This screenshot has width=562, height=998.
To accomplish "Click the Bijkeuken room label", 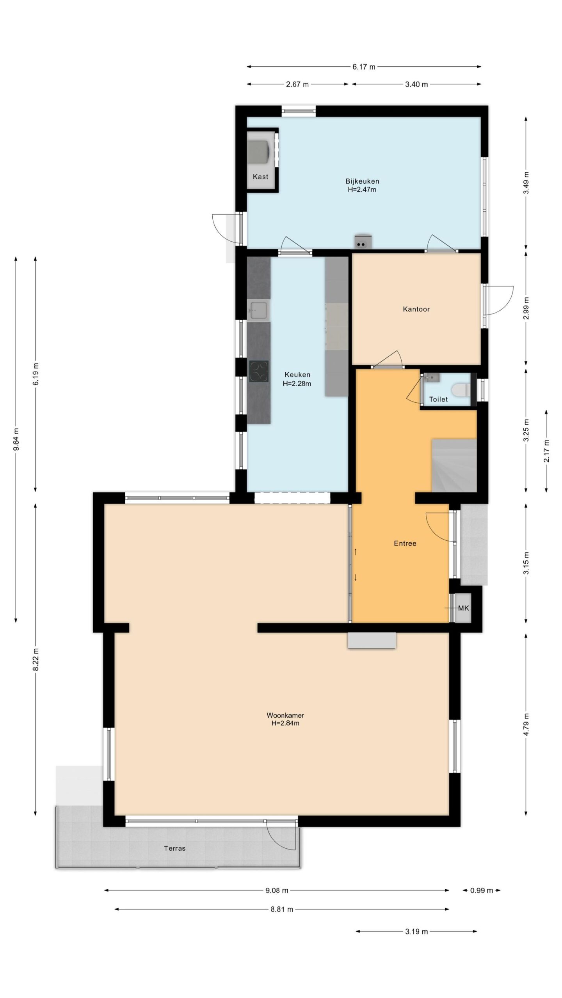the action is pyautogui.click(x=362, y=181).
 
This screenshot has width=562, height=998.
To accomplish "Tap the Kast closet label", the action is pyautogui.click(x=260, y=177).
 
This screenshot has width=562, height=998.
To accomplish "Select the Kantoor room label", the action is pyautogui.click(x=416, y=309).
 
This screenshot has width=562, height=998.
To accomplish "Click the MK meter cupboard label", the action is pyautogui.click(x=463, y=608).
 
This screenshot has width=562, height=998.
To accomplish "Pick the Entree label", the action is pyautogui.click(x=405, y=543).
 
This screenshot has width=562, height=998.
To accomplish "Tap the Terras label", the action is pyautogui.click(x=174, y=848).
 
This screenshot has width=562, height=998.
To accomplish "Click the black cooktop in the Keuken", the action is pyautogui.click(x=259, y=371).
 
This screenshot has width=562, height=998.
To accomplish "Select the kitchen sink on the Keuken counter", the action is pyautogui.click(x=258, y=310).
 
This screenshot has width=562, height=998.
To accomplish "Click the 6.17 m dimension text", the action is pyautogui.click(x=364, y=67).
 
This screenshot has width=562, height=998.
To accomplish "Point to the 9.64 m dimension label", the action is pyautogui.click(x=16, y=439).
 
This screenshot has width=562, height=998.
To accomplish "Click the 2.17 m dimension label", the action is pyautogui.click(x=546, y=451).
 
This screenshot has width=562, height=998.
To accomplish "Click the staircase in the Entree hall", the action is pyautogui.click(x=454, y=465).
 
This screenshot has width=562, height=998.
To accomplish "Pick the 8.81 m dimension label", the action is pyautogui.click(x=282, y=910).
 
